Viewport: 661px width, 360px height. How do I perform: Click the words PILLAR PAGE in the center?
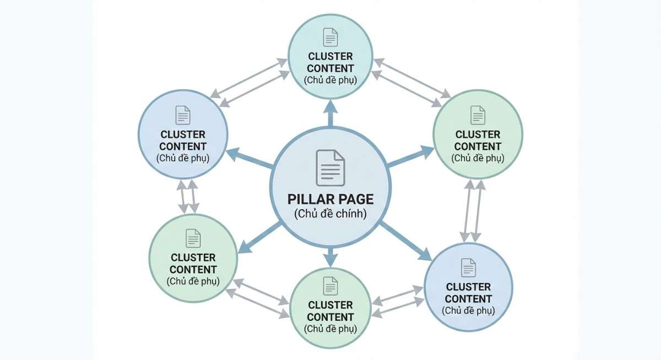coord(330,199)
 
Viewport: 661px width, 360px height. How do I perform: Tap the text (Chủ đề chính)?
coord(330,214)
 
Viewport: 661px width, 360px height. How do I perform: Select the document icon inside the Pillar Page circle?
coord(330,167)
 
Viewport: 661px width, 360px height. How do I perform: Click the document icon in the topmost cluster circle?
coord(330,37)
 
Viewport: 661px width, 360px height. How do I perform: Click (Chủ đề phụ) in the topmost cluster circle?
coord(330,80)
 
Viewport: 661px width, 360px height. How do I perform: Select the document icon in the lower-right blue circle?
coord(468,268)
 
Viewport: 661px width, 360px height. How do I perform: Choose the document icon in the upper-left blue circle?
coord(183,115)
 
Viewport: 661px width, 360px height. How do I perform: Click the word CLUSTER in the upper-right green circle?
coord(478,134)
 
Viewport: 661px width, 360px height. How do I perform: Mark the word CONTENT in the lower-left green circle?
coord(193,270)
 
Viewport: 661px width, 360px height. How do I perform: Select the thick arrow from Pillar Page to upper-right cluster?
coord(410,156)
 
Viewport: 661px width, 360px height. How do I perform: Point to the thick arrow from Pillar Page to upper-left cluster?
coord(250,157)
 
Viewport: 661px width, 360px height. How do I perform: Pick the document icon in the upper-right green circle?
coord(478,115)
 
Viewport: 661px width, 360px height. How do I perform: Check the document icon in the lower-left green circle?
coord(193,238)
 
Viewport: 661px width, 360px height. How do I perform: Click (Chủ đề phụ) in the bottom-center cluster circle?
coord(330,329)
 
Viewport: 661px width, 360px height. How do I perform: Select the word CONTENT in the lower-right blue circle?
coord(468,299)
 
